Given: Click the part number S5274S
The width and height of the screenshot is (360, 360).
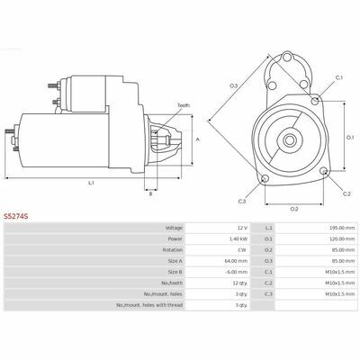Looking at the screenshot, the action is [16, 216].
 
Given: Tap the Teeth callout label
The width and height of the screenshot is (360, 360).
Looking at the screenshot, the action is [184, 105].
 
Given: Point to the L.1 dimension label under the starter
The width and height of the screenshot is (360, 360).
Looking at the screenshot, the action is [91, 183].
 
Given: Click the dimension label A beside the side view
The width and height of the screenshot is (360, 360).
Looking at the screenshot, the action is [197, 139].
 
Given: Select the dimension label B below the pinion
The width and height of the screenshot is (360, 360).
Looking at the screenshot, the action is [151, 194].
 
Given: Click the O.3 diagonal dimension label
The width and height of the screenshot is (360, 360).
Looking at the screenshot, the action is [234, 86].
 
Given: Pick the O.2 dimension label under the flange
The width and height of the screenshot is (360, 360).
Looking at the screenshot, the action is [294, 209].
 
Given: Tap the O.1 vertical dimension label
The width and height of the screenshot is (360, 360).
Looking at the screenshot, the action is [350, 138].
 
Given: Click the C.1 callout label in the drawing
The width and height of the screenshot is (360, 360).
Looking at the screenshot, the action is [339, 77].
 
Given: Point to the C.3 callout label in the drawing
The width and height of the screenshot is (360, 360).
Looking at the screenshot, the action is [242, 202].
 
